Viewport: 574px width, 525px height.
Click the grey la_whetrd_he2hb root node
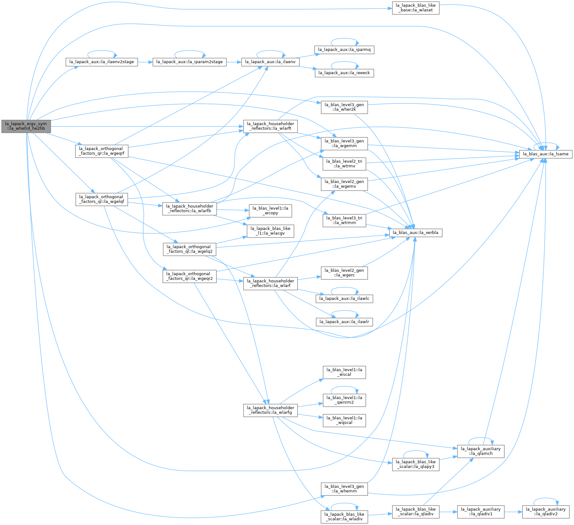pyautogui.click(x=26, y=126)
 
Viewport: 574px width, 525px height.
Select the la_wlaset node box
pyautogui.click(x=416, y=8)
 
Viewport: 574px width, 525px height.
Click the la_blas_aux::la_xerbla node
pyautogui.click(x=416, y=233)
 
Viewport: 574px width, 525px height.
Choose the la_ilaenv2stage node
pyautogui.click(x=102, y=62)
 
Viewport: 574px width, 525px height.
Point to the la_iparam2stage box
pyautogui.click(x=189, y=62)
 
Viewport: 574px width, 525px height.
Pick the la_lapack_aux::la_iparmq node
pyautogui.click(x=344, y=50)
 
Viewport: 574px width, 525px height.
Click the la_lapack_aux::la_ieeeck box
pyautogui.click(x=344, y=73)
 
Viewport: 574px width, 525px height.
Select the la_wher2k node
pyautogui.click(x=344, y=107)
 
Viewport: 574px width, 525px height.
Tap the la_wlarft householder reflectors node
pyautogui.click(x=271, y=126)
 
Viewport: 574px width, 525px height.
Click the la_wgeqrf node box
pyautogui.click(x=102, y=151)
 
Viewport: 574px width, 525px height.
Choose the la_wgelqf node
pyautogui.click(x=102, y=199)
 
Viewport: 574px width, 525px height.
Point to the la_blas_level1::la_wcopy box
pyautogui.click(x=271, y=211)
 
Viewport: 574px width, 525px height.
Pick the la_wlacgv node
pyautogui.click(x=271, y=231)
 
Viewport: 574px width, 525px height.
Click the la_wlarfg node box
pyautogui.click(x=271, y=410)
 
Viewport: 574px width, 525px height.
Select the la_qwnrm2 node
pyautogui.click(x=344, y=400)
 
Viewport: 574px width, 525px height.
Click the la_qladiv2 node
pyautogui.click(x=546, y=512)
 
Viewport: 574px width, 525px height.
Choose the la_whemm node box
pyautogui.click(x=344, y=489)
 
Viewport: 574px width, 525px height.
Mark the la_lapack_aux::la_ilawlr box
pyautogui.click(x=344, y=322)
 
